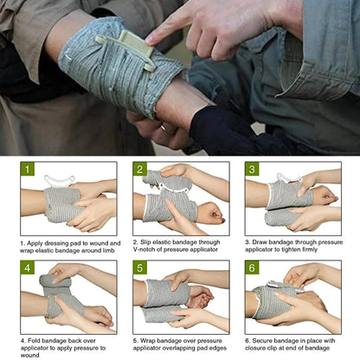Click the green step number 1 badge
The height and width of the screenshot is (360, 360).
pos(29,170)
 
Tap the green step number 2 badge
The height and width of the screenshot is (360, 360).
pos(139,170)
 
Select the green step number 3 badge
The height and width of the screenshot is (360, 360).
pos(252,170)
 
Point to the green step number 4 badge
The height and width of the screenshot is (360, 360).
pos(29,268)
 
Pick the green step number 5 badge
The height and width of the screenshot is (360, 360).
pos(139,268)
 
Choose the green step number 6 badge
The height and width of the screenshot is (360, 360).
pos(252,268)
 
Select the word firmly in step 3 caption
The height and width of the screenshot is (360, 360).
pos(328,249)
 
